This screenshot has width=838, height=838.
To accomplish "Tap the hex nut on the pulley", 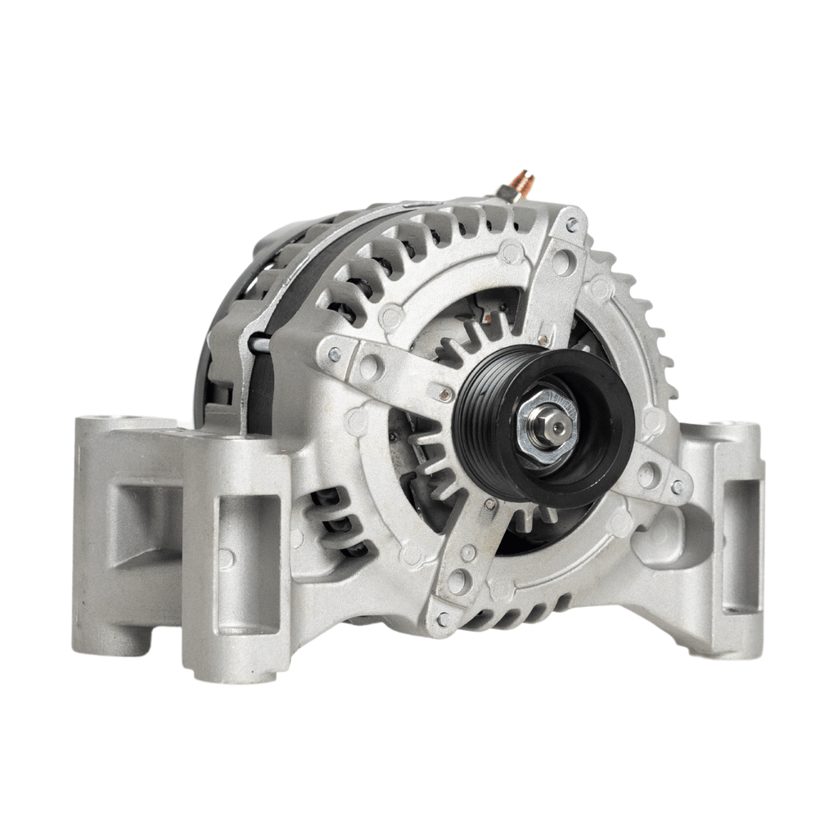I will point(546,426).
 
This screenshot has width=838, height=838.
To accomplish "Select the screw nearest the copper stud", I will point(572,223).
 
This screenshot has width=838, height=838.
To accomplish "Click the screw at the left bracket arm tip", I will point(334,354).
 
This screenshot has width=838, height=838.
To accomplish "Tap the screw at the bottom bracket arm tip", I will point(443,619).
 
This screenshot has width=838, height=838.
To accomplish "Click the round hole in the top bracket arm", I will point(561,262).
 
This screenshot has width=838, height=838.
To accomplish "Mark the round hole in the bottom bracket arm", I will point(457,582).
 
